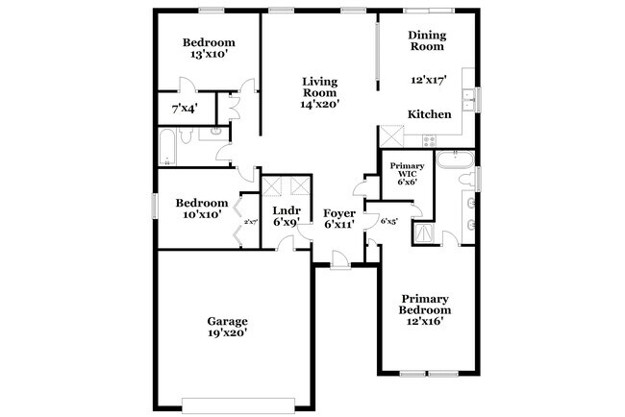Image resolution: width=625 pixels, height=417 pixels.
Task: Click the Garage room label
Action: pyautogui.click(x=228, y=321)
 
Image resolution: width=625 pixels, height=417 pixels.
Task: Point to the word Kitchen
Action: pyautogui.click(x=430, y=114)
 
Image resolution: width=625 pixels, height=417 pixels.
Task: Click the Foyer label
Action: pyautogui.click(x=339, y=212)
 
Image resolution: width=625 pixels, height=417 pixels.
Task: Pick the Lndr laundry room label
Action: pyautogui.click(x=287, y=210)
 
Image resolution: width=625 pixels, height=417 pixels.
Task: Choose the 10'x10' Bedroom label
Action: pyautogui.click(x=201, y=208)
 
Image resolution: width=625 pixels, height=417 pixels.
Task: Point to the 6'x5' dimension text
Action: pyautogui.click(x=389, y=222)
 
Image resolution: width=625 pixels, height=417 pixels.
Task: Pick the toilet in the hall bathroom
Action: pyautogui.click(x=208, y=134)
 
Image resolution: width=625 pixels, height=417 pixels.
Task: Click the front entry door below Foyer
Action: pyautogui.click(x=339, y=259)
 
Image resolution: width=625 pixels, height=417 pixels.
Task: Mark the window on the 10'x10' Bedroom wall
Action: pyautogui.click(x=154, y=206)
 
